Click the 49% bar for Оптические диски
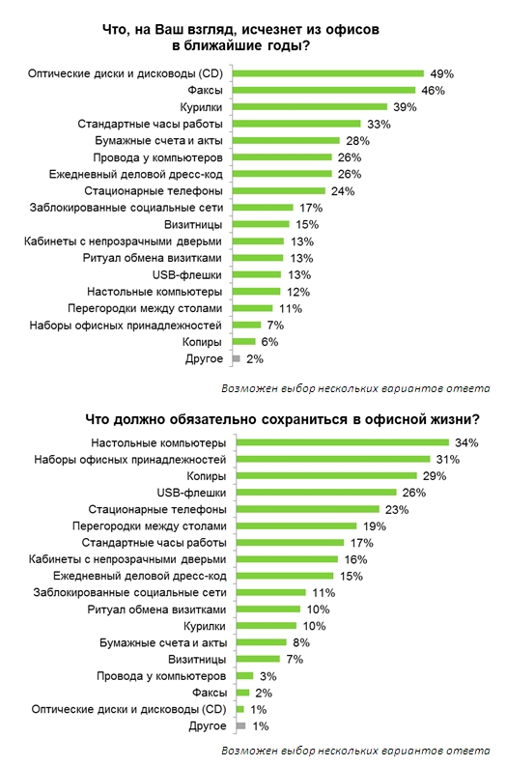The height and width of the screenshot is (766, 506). tap(328, 73)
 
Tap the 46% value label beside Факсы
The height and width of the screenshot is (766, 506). tap(433, 91)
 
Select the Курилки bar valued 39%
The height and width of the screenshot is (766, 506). tap(310, 107)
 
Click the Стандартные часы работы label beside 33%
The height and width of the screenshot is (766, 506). tap(150, 124)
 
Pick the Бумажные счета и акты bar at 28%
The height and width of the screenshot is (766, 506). tap(286, 140)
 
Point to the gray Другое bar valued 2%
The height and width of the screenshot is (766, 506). tap(237, 358)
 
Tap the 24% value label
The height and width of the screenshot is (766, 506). tap(343, 191)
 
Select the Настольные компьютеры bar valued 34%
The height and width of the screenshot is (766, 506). tap(343, 442)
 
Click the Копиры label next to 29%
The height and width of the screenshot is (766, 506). tap(206, 476)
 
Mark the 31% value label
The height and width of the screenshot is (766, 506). tap(448, 459)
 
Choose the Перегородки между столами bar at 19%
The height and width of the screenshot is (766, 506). tap(296, 525)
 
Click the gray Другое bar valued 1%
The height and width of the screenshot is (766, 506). tap(240, 726)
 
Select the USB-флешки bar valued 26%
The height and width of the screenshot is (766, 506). tap(317, 493)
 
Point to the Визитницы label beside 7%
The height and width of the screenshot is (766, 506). tap(197, 660)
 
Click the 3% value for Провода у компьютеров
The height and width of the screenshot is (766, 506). tap(268, 676)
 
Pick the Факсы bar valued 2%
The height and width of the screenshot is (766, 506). tap(242, 693)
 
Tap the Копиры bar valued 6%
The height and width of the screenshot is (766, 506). tap(243, 342)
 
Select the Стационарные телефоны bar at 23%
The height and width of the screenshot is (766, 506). tap(308, 509)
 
